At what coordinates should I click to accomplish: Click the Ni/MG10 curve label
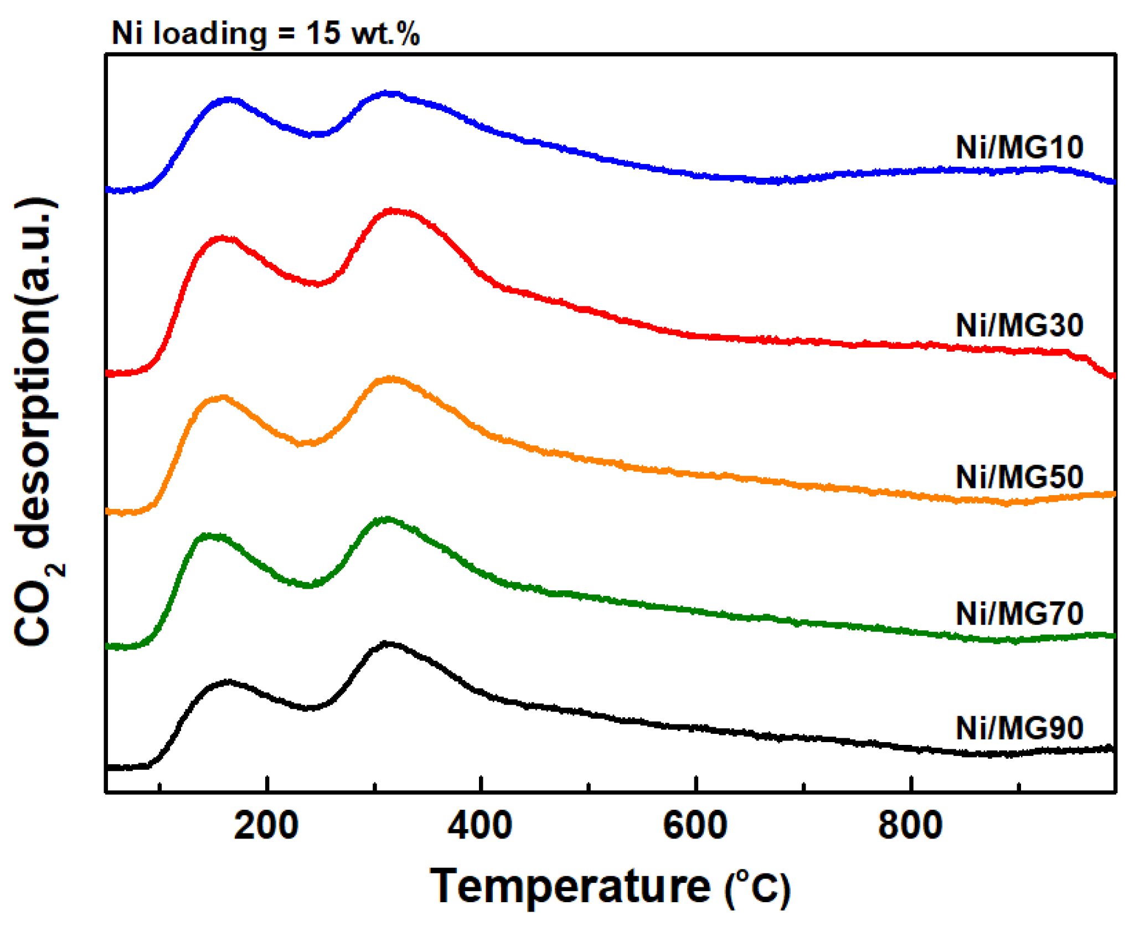[1019, 148]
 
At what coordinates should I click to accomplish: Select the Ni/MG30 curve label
[1019, 325]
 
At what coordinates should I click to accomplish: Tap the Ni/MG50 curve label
[1019, 477]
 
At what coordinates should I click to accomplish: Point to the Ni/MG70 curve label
[1019, 614]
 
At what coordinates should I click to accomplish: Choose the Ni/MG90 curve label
[1019, 728]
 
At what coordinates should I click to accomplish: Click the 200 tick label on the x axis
[266, 826]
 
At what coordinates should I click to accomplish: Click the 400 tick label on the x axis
[480, 826]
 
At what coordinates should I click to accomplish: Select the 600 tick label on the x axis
[695, 826]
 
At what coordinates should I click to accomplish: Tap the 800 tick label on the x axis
[910, 826]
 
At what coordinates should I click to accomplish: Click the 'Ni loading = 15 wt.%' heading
[266, 33]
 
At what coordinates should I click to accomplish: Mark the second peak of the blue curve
[390, 94]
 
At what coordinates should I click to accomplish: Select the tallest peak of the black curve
[386, 644]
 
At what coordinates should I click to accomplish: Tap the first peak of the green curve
[208, 536]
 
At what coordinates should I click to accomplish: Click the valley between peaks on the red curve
[316, 284]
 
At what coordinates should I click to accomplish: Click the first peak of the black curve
[227, 682]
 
